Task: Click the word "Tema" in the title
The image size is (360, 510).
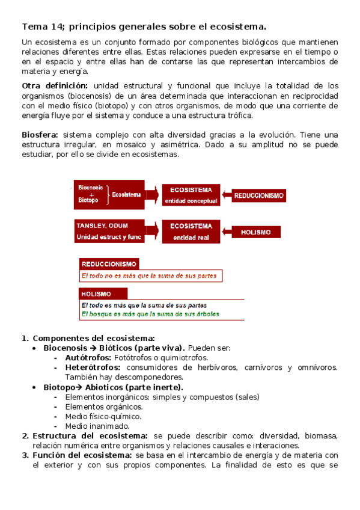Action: (34, 26)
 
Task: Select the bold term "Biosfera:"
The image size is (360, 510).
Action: (40, 135)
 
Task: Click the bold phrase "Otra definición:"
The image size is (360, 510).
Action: (55, 85)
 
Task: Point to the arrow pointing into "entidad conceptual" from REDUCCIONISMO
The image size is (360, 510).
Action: (227, 195)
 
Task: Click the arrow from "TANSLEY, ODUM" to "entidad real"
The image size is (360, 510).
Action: (153, 232)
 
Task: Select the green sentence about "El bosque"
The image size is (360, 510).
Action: (150, 314)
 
